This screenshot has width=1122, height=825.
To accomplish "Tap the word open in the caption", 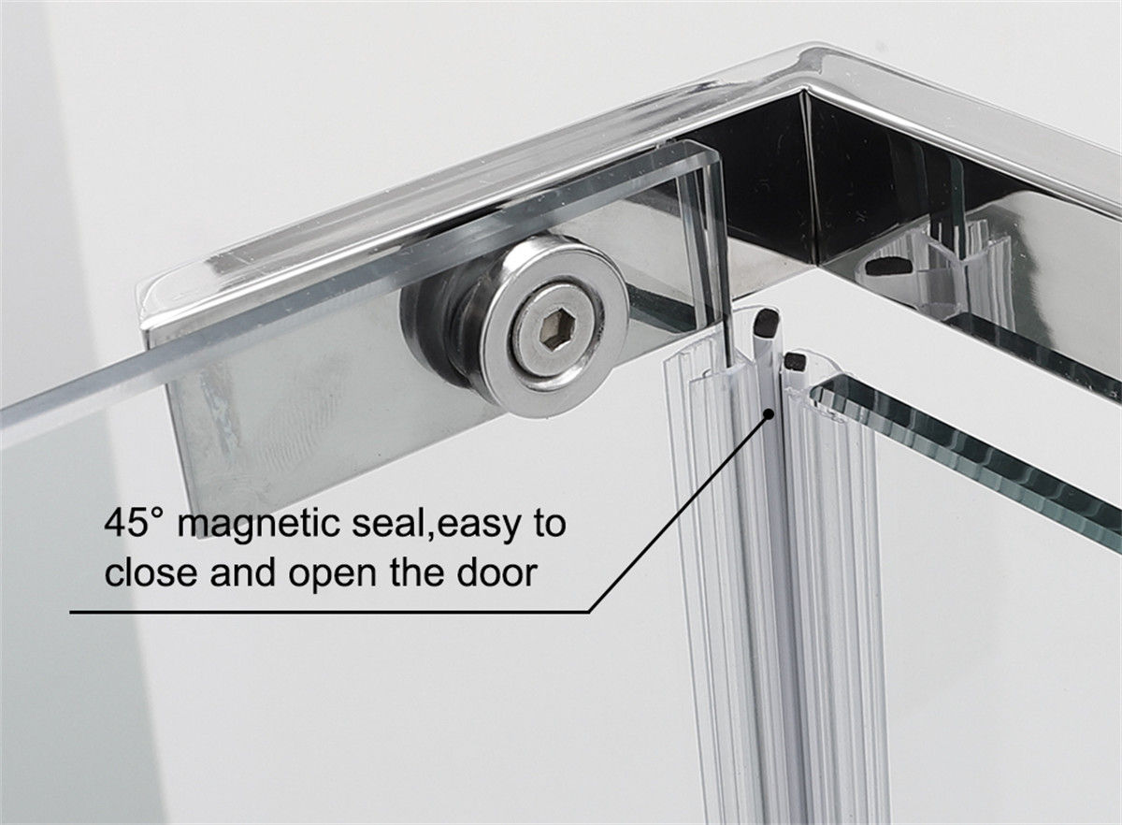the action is [x=332, y=576].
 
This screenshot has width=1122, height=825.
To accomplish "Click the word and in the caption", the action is [x=243, y=572].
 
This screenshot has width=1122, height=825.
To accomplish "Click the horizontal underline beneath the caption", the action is [x=329, y=612].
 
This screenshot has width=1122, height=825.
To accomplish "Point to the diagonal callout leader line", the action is [x=679, y=513].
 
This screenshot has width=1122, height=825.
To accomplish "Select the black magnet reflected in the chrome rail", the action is [x=887, y=266].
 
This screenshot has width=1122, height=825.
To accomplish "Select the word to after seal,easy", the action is [x=548, y=524].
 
